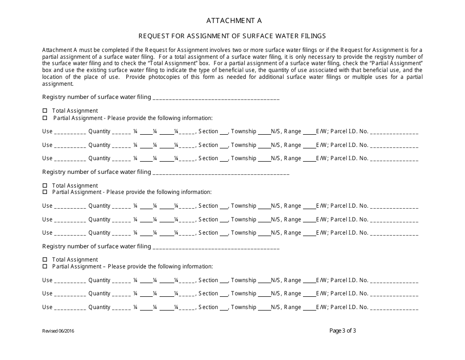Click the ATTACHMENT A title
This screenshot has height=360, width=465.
pos(233,21)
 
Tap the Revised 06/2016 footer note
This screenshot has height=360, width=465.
pos(58,331)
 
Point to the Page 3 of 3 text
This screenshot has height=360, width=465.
pos(343,330)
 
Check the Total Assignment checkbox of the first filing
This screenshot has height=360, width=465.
pos(45,111)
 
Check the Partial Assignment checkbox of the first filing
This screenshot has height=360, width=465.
pos(45,118)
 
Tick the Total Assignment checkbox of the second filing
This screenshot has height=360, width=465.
pos(45,186)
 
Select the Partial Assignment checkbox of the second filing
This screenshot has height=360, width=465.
pos(45,192)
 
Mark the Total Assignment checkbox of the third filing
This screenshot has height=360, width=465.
pos(45,260)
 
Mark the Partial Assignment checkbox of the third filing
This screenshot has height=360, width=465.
pos(45,266)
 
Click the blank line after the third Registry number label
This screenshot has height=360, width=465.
pos(216,248)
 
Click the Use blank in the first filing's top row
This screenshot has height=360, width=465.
pos(70,133)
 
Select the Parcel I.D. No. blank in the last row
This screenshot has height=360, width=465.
pos(394,309)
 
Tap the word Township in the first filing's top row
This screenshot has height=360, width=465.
pos(243,131)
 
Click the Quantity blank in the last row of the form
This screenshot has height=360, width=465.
pos(121,309)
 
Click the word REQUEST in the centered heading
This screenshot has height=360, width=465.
pos(154,36)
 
